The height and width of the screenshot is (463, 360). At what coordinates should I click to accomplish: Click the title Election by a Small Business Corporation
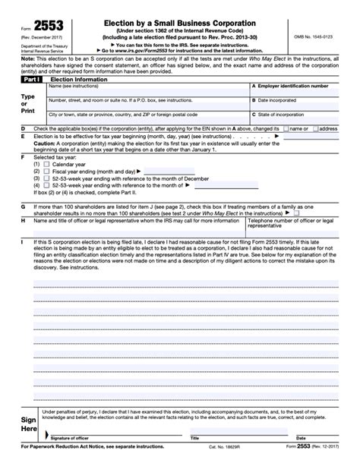(174, 24)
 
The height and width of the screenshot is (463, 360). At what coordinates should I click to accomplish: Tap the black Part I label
(31, 78)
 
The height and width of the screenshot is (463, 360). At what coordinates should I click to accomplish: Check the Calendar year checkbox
(47, 163)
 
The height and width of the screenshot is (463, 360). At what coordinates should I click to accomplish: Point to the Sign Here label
(28, 423)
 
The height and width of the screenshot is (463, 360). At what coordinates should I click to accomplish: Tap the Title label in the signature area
(194, 438)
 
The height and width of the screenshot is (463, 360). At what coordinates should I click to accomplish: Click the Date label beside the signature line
(295, 438)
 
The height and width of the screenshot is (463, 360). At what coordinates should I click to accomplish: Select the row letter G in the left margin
(23, 206)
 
